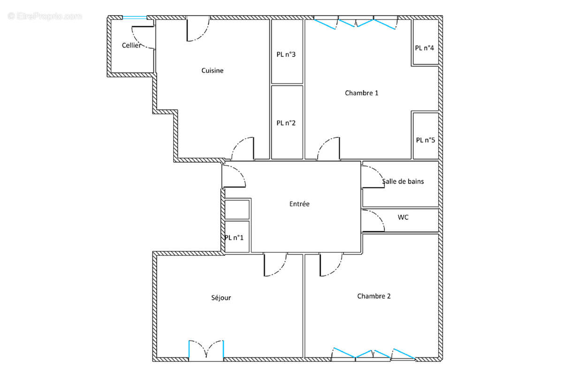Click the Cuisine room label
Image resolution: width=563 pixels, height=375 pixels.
(213, 71)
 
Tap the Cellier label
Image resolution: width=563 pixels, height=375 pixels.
(131, 45)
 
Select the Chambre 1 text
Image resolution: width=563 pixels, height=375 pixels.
(362, 93)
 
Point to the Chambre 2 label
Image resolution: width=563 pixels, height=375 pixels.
(374, 296)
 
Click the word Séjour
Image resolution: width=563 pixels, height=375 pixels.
(221, 298)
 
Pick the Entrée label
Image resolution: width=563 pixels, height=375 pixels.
(299, 204)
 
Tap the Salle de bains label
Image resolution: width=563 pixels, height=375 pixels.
(403, 181)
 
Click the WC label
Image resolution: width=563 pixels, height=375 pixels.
(403, 217)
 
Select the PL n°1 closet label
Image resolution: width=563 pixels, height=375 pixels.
(234, 238)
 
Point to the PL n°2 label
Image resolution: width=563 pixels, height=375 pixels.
(286, 123)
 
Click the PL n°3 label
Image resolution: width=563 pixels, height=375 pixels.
(286, 55)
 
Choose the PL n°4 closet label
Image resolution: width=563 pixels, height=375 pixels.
(425, 48)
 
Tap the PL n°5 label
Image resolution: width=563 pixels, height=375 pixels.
(426, 140)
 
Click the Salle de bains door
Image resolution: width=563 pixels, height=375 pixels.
(373, 177)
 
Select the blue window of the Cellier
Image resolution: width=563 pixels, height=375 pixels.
(135, 18)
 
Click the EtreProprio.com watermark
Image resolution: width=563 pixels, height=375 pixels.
(45, 16)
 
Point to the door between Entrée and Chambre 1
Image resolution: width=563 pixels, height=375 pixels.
(328, 149)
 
